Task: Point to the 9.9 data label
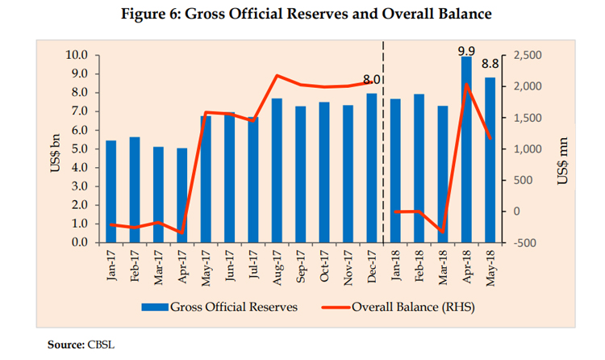pyautogui.click(x=465, y=49)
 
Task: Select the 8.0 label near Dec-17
pyautogui.click(x=372, y=80)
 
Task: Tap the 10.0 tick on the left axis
pyautogui.click(x=76, y=55)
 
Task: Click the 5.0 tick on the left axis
pyautogui.click(x=79, y=149)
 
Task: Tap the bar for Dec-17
pyautogui.click(x=372, y=170)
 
